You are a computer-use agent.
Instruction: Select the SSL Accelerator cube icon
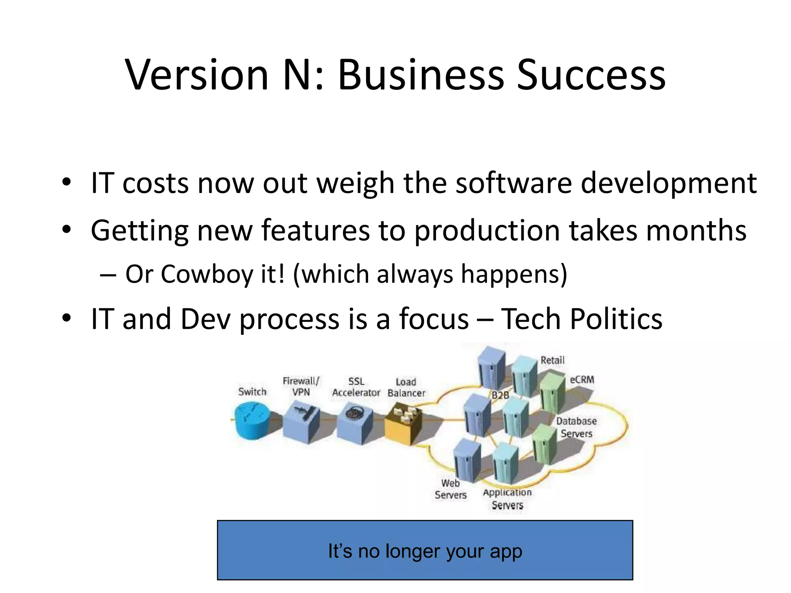click(x=354, y=423)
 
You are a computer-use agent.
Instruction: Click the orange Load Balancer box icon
click(x=404, y=423)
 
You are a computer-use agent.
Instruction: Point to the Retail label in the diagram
click(x=552, y=360)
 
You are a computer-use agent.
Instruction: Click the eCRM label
click(x=582, y=380)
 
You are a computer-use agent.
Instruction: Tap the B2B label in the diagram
click(x=500, y=395)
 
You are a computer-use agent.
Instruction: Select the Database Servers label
click(x=576, y=427)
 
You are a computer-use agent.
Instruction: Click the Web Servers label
click(x=450, y=489)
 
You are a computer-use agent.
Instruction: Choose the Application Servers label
click(x=507, y=498)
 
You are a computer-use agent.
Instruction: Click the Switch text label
click(x=252, y=391)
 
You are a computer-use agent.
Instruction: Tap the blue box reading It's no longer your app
click(x=425, y=550)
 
